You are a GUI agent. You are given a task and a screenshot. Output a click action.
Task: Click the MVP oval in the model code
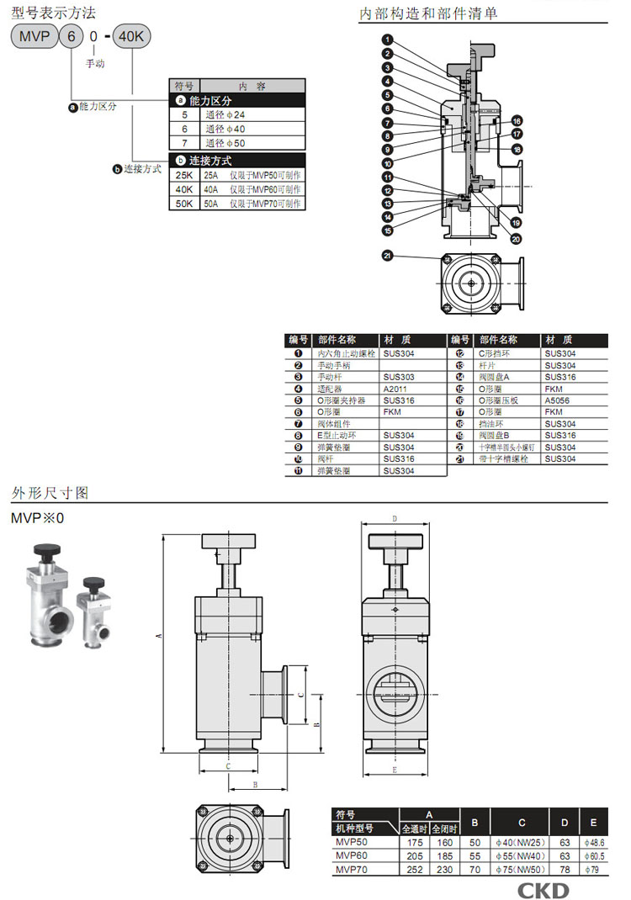tap(32, 38)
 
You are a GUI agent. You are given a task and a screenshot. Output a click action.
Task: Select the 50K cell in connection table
tap(184, 204)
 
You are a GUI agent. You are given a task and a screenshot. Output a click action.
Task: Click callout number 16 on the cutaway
tap(517, 120)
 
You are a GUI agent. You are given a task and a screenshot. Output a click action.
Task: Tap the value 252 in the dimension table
tap(415, 869)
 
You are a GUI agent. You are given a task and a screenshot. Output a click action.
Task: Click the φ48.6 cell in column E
tap(593, 842)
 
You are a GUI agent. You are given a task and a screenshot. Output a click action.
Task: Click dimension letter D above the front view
tap(395, 518)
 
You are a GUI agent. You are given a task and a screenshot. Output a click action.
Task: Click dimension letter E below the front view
tap(395, 770)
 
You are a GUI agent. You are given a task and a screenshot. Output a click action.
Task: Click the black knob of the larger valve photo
tap(46, 553)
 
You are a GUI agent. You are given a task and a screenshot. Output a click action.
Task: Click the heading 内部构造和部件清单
tap(427, 13)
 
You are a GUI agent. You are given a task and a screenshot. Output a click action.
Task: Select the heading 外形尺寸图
tap(50, 492)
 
